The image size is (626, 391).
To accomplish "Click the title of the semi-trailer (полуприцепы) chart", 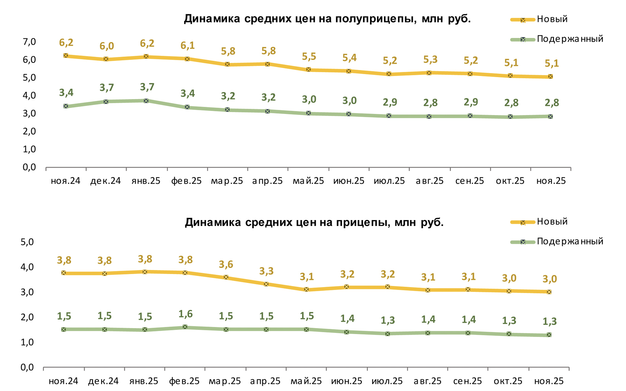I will pyautogui.click(x=327, y=19).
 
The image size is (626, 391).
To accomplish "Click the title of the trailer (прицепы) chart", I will pyautogui.click(x=314, y=222).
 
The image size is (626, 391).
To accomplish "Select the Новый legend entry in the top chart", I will pyautogui.click(x=552, y=19).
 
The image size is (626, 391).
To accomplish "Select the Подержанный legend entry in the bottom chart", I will pyautogui.click(x=570, y=241).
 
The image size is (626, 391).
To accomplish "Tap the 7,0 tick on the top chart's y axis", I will pyautogui.click(x=29, y=42).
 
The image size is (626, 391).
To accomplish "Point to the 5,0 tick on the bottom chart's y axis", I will pyautogui.click(x=27, y=242).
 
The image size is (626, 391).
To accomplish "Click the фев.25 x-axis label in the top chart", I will pyautogui.click(x=186, y=181).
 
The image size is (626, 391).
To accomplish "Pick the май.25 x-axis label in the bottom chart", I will pyautogui.click(x=306, y=381).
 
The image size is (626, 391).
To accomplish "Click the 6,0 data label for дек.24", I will pyautogui.click(x=107, y=46).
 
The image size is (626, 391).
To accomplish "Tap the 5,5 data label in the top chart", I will pyautogui.click(x=309, y=57).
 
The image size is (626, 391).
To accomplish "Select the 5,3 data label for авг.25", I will pyautogui.click(x=430, y=60).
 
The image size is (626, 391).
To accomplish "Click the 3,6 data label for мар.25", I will pyautogui.click(x=226, y=265).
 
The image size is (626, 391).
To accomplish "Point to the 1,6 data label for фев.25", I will pyautogui.click(x=185, y=314).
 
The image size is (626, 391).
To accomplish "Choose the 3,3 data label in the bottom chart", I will pyautogui.click(x=266, y=271).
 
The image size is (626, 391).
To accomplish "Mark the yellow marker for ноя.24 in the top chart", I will pyautogui.click(x=66, y=55).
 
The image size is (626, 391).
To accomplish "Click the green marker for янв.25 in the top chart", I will pyautogui.click(x=146, y=101).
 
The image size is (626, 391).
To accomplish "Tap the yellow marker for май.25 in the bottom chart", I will pyautogui.click(x=306, y=289).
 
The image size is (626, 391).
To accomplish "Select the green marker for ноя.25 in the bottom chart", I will pyautogui.click(x=549, y=335).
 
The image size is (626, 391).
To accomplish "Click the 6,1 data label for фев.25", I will pyautogui.click(x=187, y=45).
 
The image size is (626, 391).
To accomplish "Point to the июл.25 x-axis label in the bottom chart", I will pyautogui.click(x=387, y=381).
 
